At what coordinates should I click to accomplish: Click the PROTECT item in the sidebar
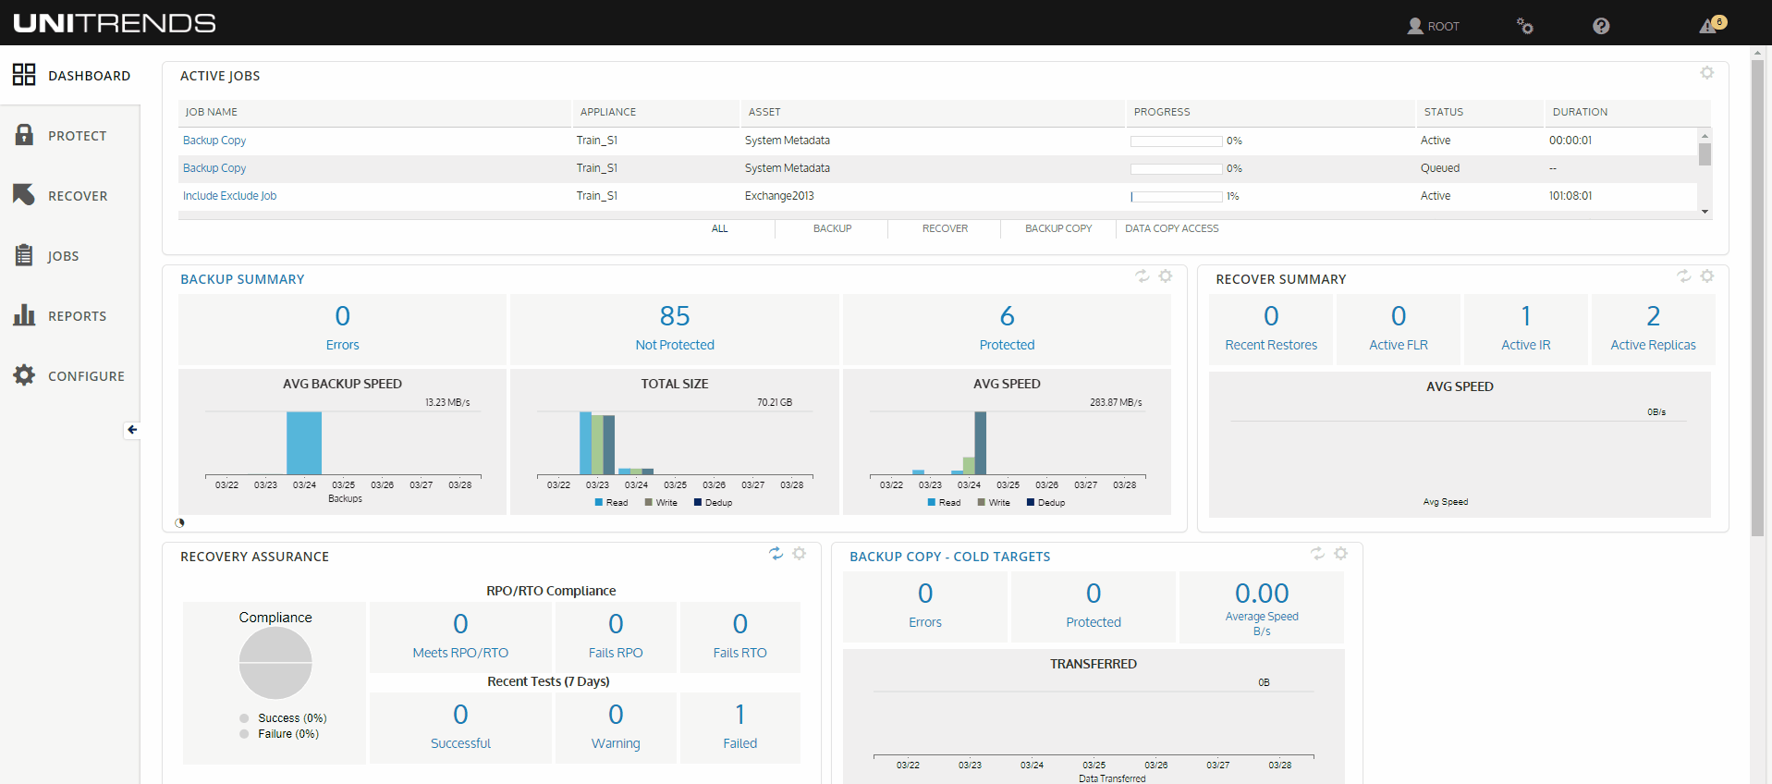(x=77, y=136)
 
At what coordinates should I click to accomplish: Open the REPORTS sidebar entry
(x=77, y=316)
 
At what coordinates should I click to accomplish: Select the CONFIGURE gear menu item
(x=85, y=376)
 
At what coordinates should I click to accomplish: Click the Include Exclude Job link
(x=229, y=196)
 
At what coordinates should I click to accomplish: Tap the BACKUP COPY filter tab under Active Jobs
(x=1057, y=228)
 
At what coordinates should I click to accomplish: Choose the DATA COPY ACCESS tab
(x=1171, y=228)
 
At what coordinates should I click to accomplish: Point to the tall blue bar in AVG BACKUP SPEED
(x=304, y=444)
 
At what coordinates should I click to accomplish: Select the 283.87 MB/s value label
(x=1115, y=402)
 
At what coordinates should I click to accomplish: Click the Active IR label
(x=1525, y=345)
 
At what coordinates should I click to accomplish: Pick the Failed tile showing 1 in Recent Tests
(x=739, y=728)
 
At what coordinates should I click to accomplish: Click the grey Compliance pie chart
(x=275, y=663)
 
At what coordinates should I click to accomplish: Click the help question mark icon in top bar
(x=1601, y=26)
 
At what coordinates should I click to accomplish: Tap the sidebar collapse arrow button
(x=132, y=430)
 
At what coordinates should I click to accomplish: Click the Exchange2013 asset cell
(x=779, y=196)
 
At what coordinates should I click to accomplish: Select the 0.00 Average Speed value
(x=1261, y=594)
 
